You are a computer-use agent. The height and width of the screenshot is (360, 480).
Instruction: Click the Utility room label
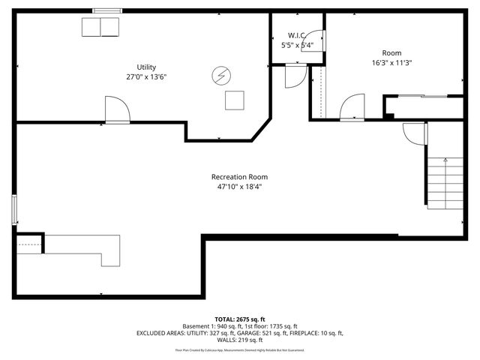tap(146, 67)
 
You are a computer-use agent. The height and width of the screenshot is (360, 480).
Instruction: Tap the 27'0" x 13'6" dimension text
tap(146, 76)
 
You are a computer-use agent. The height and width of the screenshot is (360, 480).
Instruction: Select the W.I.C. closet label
tap(295, 35)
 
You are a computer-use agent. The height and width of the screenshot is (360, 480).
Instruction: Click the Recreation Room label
tap(239, 177)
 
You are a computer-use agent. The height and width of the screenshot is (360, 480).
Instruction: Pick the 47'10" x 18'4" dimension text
tap(239, 187)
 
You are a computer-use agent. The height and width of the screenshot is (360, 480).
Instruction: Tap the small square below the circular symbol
tap(235, 100)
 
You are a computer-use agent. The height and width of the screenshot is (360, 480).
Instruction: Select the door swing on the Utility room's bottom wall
tap(117, 110)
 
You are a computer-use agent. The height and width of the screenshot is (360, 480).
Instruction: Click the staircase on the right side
tap(444, 184)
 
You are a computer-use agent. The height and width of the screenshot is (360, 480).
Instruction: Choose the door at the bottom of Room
tap(352, 108)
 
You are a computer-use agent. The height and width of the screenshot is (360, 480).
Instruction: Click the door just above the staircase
tap(415, 133)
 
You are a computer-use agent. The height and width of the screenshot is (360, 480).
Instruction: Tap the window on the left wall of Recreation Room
tap(14, 208)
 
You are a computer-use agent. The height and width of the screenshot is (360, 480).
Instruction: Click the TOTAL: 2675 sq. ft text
tap(240, 319)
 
